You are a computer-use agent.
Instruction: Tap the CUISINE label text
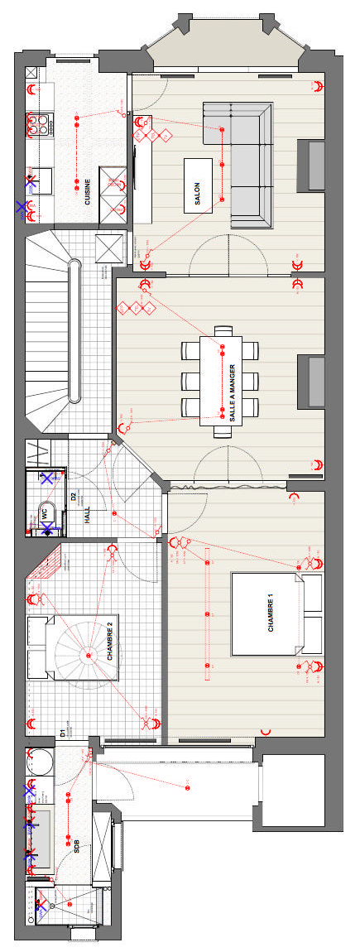(x=88, y=191)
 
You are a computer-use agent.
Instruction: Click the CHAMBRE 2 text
(x=111, y=643)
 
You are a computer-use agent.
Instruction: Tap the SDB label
(x=77, y=846)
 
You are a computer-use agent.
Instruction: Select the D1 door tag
(x=63, y=733)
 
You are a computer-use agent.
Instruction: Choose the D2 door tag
(x=73, y=498)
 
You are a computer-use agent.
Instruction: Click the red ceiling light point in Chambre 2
(x=88, y=656)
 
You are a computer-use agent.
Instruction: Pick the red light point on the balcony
(x=187, y=788)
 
